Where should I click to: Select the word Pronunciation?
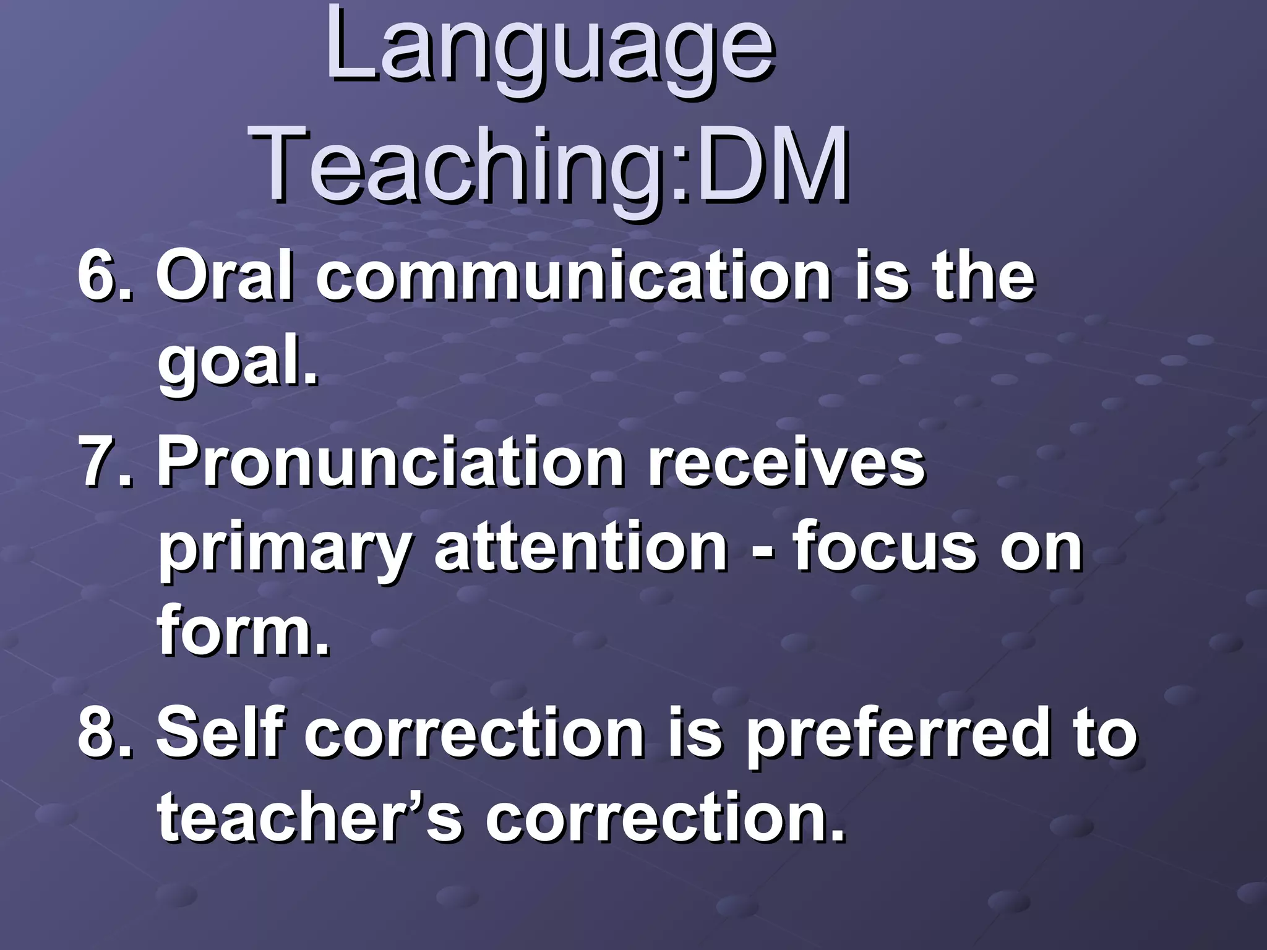pos(390,463)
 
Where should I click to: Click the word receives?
pos(786,463)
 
